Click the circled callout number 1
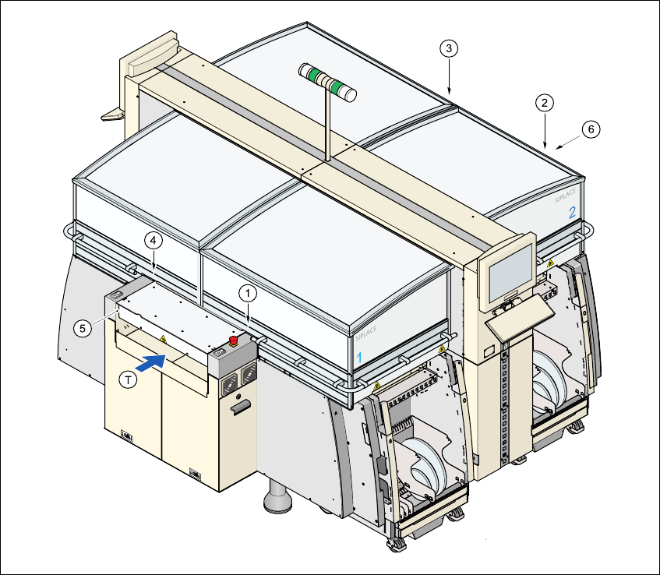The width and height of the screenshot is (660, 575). (247, 293)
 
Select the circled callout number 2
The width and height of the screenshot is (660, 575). (545, 102)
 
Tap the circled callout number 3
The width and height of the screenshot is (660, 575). (448, 48)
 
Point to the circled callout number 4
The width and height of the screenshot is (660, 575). (154, 241)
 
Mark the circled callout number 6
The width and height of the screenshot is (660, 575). (591, 129)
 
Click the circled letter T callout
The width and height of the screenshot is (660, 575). (129, 379)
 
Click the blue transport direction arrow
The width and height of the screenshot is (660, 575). (153, 361)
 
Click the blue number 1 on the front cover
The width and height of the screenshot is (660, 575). (359, 355)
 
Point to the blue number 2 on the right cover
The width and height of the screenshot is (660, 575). (572, 212)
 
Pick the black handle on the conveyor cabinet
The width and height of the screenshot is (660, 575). (241, 405)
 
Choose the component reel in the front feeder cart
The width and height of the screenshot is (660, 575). (425, 465)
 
